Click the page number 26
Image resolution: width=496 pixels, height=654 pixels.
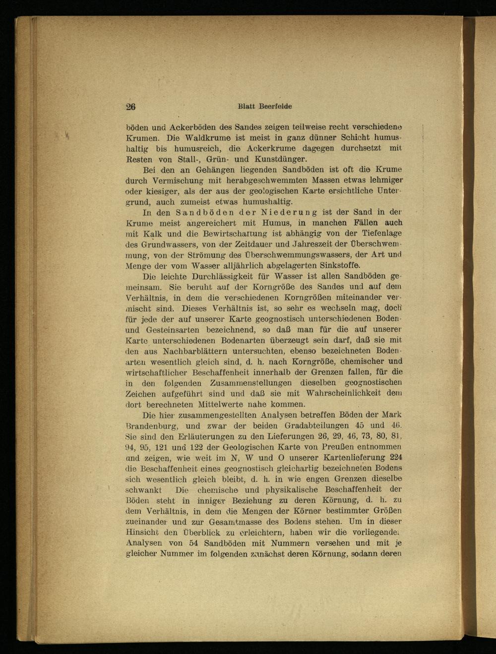click(131, 107)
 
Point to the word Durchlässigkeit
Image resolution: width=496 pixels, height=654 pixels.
click(228, 276)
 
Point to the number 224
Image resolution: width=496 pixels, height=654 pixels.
click(395, 457)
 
